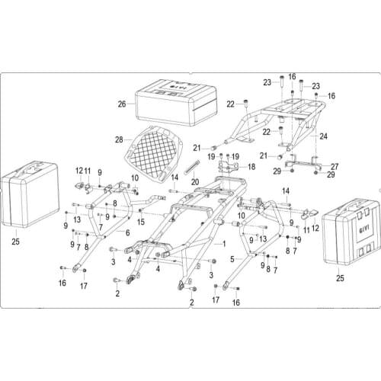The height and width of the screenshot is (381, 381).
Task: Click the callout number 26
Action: (x=122, y=104)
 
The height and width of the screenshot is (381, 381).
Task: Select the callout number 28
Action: (x=119, y=139)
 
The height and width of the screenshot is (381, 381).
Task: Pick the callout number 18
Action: (x=251, y=165)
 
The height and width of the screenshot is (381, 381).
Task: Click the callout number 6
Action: (x=128, y=232)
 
